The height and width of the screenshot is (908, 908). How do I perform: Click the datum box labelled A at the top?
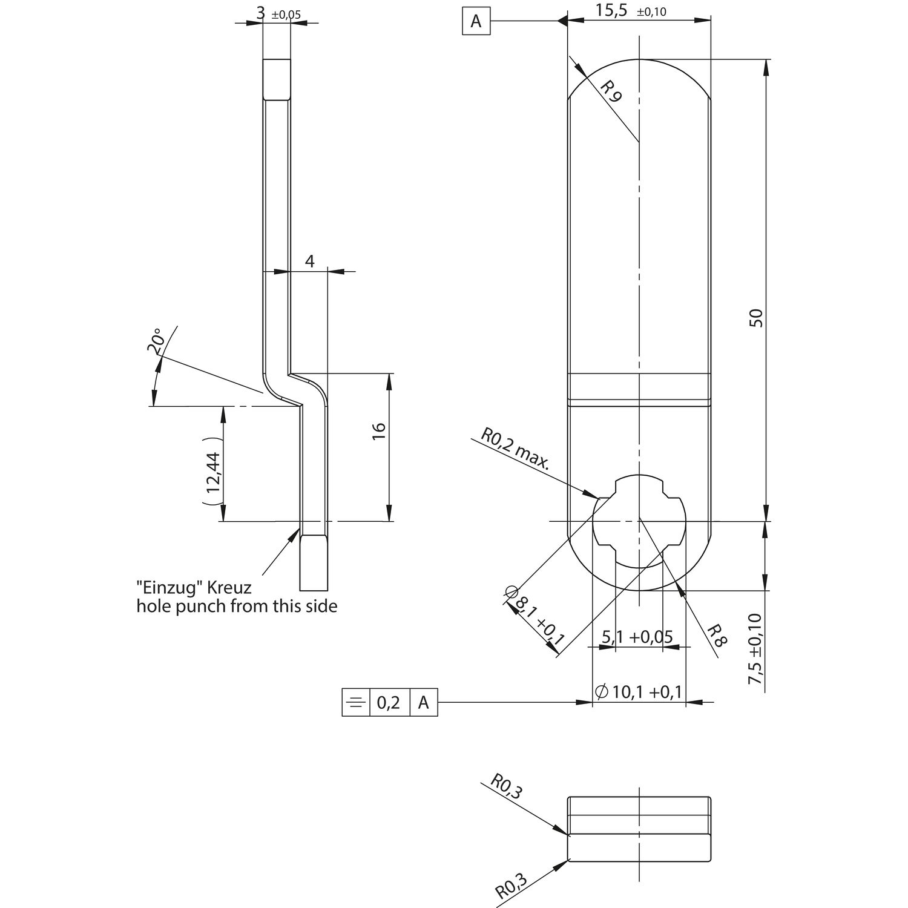476,22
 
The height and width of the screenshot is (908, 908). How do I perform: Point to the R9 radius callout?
611,91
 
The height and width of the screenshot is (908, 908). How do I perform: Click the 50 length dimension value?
756,318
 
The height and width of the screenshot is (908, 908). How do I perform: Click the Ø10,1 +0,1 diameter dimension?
639,691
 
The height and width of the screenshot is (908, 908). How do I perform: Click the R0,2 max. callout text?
515,449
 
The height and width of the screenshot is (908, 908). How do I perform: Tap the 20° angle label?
155,340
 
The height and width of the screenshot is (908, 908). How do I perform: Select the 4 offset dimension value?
310,262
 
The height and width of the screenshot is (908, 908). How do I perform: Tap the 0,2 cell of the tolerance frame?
389,702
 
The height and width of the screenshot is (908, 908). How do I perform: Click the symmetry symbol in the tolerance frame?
356,702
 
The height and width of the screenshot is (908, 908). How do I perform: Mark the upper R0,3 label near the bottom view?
505,788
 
